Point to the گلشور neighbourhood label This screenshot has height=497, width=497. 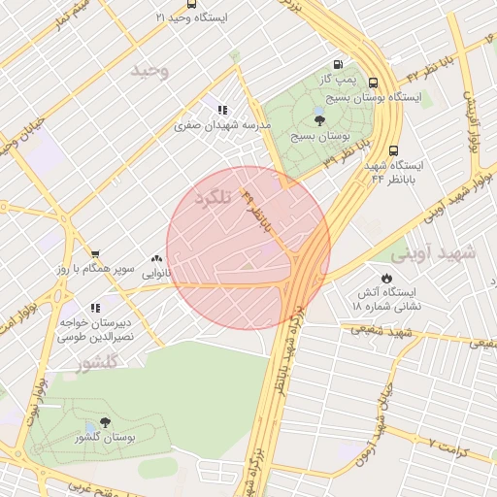(97, 362)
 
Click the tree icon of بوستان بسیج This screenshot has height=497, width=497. (319, 120)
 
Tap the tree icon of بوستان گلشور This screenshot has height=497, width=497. (104, 423)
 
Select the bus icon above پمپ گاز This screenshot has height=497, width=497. (337, 61)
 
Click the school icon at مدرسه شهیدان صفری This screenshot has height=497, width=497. (222, 111)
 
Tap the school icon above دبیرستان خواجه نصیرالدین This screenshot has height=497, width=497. (93, 308)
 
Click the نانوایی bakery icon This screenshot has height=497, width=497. (156, 259)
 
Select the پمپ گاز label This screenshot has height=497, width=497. (341, 77)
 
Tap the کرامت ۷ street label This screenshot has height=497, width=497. (455, 447)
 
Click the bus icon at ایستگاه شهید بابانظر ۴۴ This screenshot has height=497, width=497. (394, 151)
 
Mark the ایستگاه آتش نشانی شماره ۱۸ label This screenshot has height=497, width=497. (383, 299)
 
